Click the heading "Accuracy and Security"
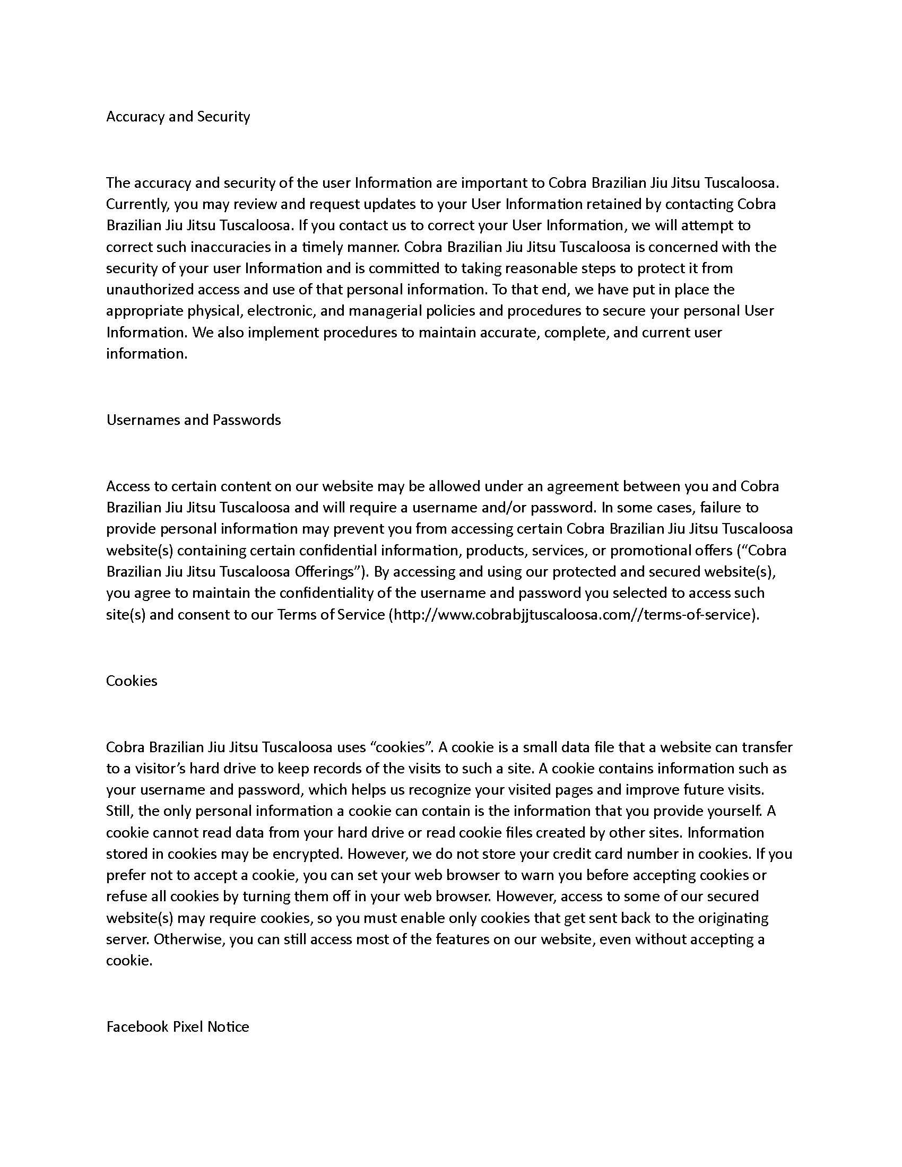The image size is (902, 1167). click(x=178, y=117)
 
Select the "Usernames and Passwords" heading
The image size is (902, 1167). click(x=194, y=420)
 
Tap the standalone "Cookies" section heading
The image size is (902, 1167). click(x=132, y=680)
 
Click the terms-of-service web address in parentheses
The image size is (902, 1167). click(x=573, y=614)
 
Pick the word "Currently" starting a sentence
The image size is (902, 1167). click(x=137, y=204)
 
